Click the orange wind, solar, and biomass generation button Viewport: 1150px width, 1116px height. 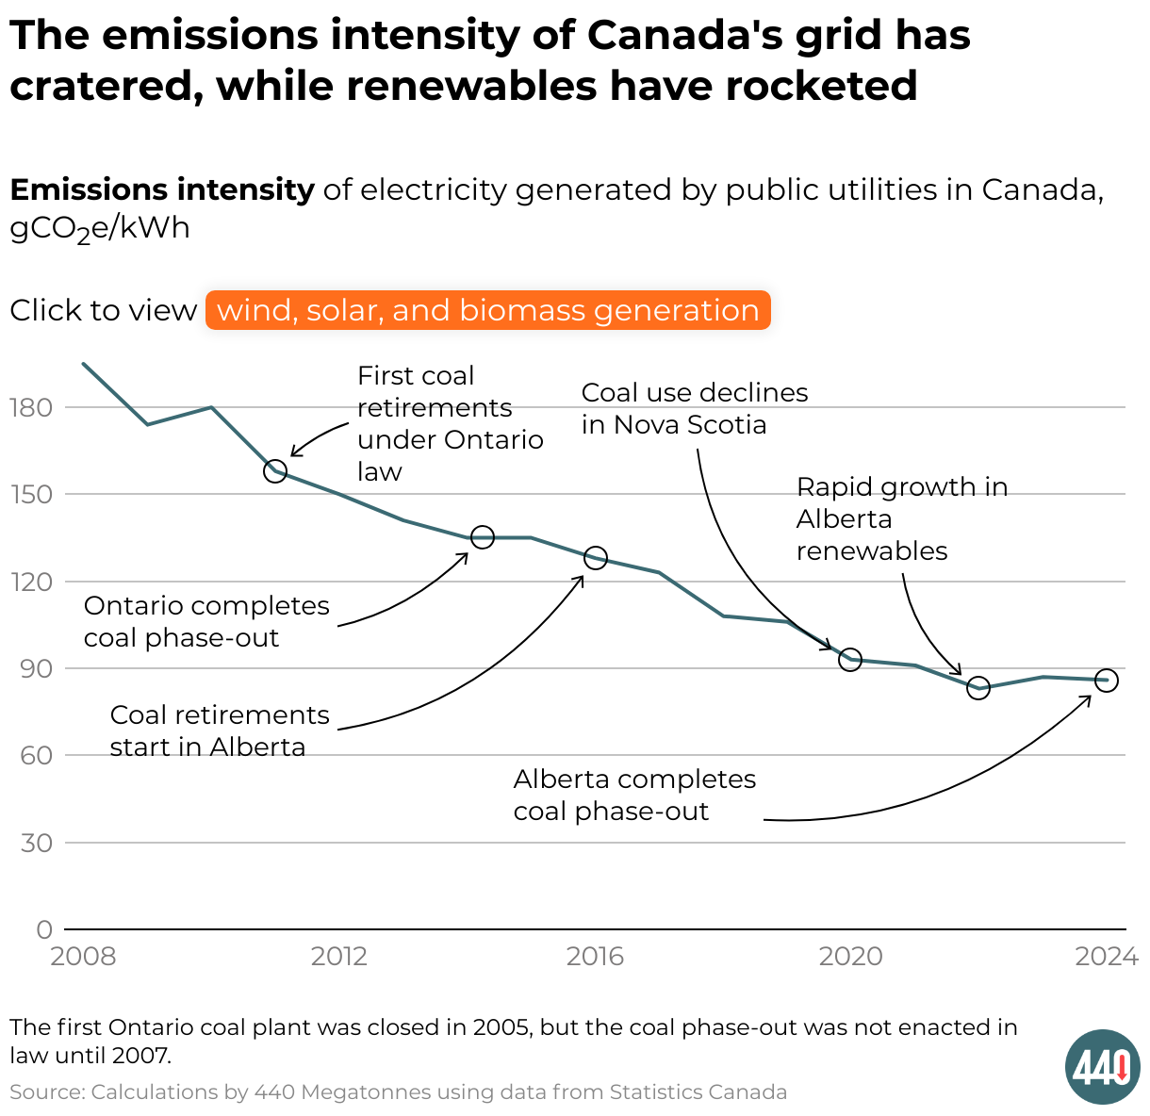click(487, 310)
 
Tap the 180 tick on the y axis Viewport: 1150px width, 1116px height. click(31, 407)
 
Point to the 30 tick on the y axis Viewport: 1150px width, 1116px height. click(37, 843)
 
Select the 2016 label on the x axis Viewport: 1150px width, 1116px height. click(595, 957)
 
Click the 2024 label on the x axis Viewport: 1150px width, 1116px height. click(1107, 957)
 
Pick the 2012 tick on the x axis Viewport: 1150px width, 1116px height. click(339, 957)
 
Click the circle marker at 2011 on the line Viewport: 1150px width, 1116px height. click(275, 470)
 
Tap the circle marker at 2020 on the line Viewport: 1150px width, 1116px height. click(850, 659)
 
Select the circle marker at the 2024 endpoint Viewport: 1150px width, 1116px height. click(1107, 681)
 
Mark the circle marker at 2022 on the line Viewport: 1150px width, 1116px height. click(978, 688)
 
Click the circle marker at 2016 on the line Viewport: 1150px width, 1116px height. click(595, 558)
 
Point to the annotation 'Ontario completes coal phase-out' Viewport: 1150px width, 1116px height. click(206, 621)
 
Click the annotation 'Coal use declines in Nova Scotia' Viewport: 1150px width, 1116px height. click(694, 408)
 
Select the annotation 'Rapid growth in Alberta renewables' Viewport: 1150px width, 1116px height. click(901, 518)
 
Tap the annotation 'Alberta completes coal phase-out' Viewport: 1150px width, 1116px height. click(634, 795)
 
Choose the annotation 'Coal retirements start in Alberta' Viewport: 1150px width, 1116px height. click(219, 730)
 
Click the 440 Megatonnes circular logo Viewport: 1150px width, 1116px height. click(1103, 1067)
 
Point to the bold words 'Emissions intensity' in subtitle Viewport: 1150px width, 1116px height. click(162, 189)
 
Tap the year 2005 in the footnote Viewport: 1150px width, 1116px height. click(501, 1026)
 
